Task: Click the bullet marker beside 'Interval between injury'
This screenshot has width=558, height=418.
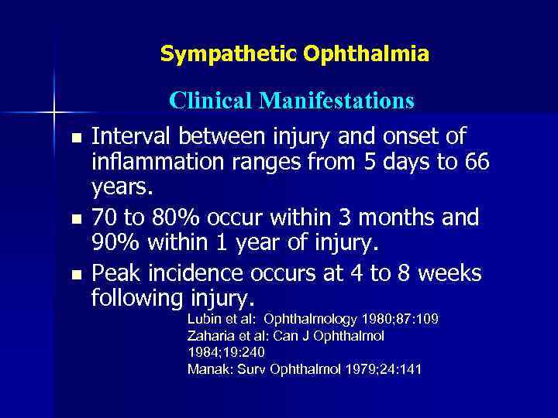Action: pos(74,139)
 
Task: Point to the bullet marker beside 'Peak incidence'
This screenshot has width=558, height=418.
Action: pos(74,274)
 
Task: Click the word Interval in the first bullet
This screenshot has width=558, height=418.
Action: pos(131,137)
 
